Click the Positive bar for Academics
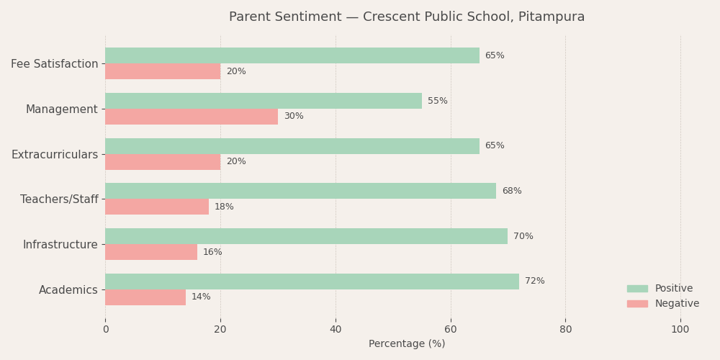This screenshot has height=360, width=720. click(312, 282)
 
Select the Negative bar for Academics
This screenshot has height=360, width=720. click(145, 297)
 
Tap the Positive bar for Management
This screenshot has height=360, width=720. click(264, 101)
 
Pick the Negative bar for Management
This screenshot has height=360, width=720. click(192, 117)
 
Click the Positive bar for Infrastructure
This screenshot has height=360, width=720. click(306, 236)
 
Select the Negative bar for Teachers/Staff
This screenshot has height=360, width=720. click(157, 207)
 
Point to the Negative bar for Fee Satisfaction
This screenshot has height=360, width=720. click(163, 71)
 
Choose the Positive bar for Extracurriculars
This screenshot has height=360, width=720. click(292, 146)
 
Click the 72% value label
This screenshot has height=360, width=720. click(534, 282)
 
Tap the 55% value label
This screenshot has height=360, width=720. click(437, 101)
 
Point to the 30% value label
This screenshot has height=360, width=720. click(294, 117)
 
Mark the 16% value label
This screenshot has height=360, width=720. click(212, 252)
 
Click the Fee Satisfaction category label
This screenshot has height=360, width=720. click(54, 64)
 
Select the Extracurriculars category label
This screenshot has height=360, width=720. click(54, 155)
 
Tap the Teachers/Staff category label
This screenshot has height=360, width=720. click(59, 199)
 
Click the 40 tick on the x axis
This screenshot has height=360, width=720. click(336, 330)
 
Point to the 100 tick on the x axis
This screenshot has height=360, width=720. click(680, 330)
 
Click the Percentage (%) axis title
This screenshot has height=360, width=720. click(407, 344)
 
